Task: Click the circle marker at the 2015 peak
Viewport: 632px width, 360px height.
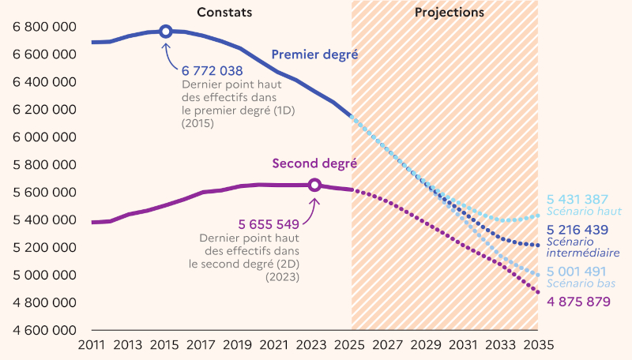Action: tap(165, 31)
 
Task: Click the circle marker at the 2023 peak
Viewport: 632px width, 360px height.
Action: tap(314, 185)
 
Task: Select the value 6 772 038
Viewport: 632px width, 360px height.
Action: tap(212, 71)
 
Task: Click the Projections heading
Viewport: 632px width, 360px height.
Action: tap(450, 13)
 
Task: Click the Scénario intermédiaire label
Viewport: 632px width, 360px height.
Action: tap(583, 247)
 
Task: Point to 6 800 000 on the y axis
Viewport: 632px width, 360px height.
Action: tap(44, 27)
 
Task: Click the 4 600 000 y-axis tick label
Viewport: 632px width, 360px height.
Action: tap(44, 330)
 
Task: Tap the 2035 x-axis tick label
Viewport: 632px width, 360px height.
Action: tap(538, 345)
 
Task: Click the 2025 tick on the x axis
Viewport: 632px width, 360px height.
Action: tap(352, 345)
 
